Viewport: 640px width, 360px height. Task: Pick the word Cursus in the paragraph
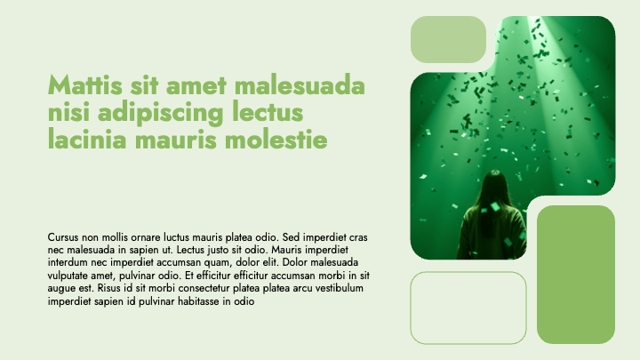(63, 237)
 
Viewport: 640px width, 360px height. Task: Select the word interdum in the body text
(68, 263)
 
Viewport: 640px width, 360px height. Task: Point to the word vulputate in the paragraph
(71, 276)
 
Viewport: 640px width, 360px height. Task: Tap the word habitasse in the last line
(200, 301)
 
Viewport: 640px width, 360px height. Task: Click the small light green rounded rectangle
(448, 39)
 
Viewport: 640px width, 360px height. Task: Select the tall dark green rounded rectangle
(576, 274)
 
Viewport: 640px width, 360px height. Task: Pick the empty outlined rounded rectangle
(468, 308)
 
